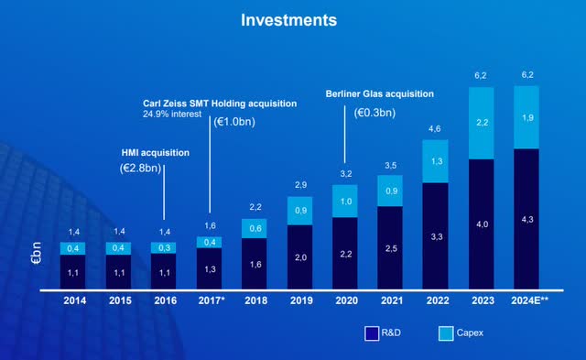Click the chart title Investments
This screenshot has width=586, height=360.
[x=293, y=19]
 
